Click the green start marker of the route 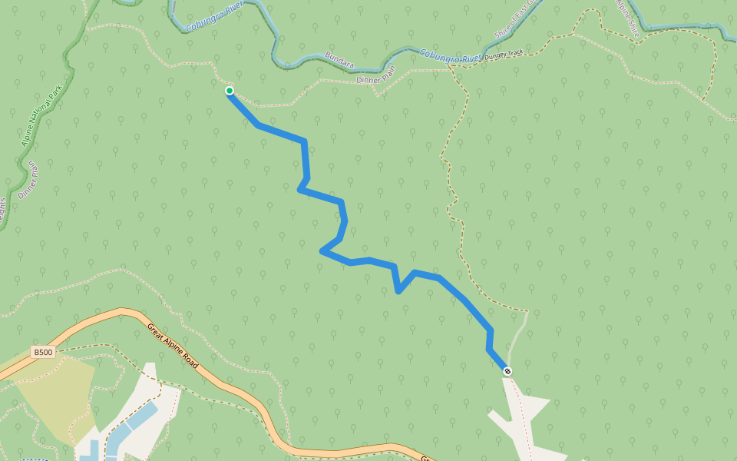(x=230, y=91)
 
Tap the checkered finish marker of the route (x=507, y=372)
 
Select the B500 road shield (x=43, y=353)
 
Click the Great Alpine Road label (x=173, y=346)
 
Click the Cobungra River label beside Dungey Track (x=449, y=56)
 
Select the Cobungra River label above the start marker (x=214, y=16)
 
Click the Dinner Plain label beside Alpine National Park (x=28, y=180)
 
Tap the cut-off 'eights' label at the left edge (x=2, y=212)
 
